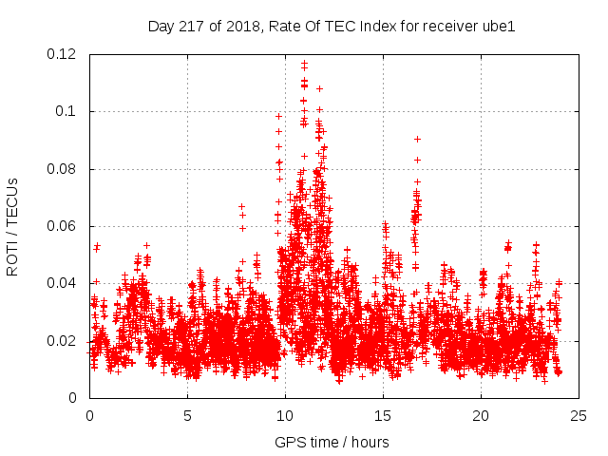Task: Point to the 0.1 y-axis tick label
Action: coord(66,111)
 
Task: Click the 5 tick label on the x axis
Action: coord(187,416)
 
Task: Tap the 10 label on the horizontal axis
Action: coord(285,416)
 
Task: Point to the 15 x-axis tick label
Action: coord(383,416)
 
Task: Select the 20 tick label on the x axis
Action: coord(481,416)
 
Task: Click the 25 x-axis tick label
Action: coord(579,416)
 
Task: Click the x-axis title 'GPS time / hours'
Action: coord(332,442)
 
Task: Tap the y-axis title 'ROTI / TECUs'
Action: coord(13,226)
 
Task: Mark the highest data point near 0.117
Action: coord(304,63)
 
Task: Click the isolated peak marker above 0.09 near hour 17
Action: coord(417,140)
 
